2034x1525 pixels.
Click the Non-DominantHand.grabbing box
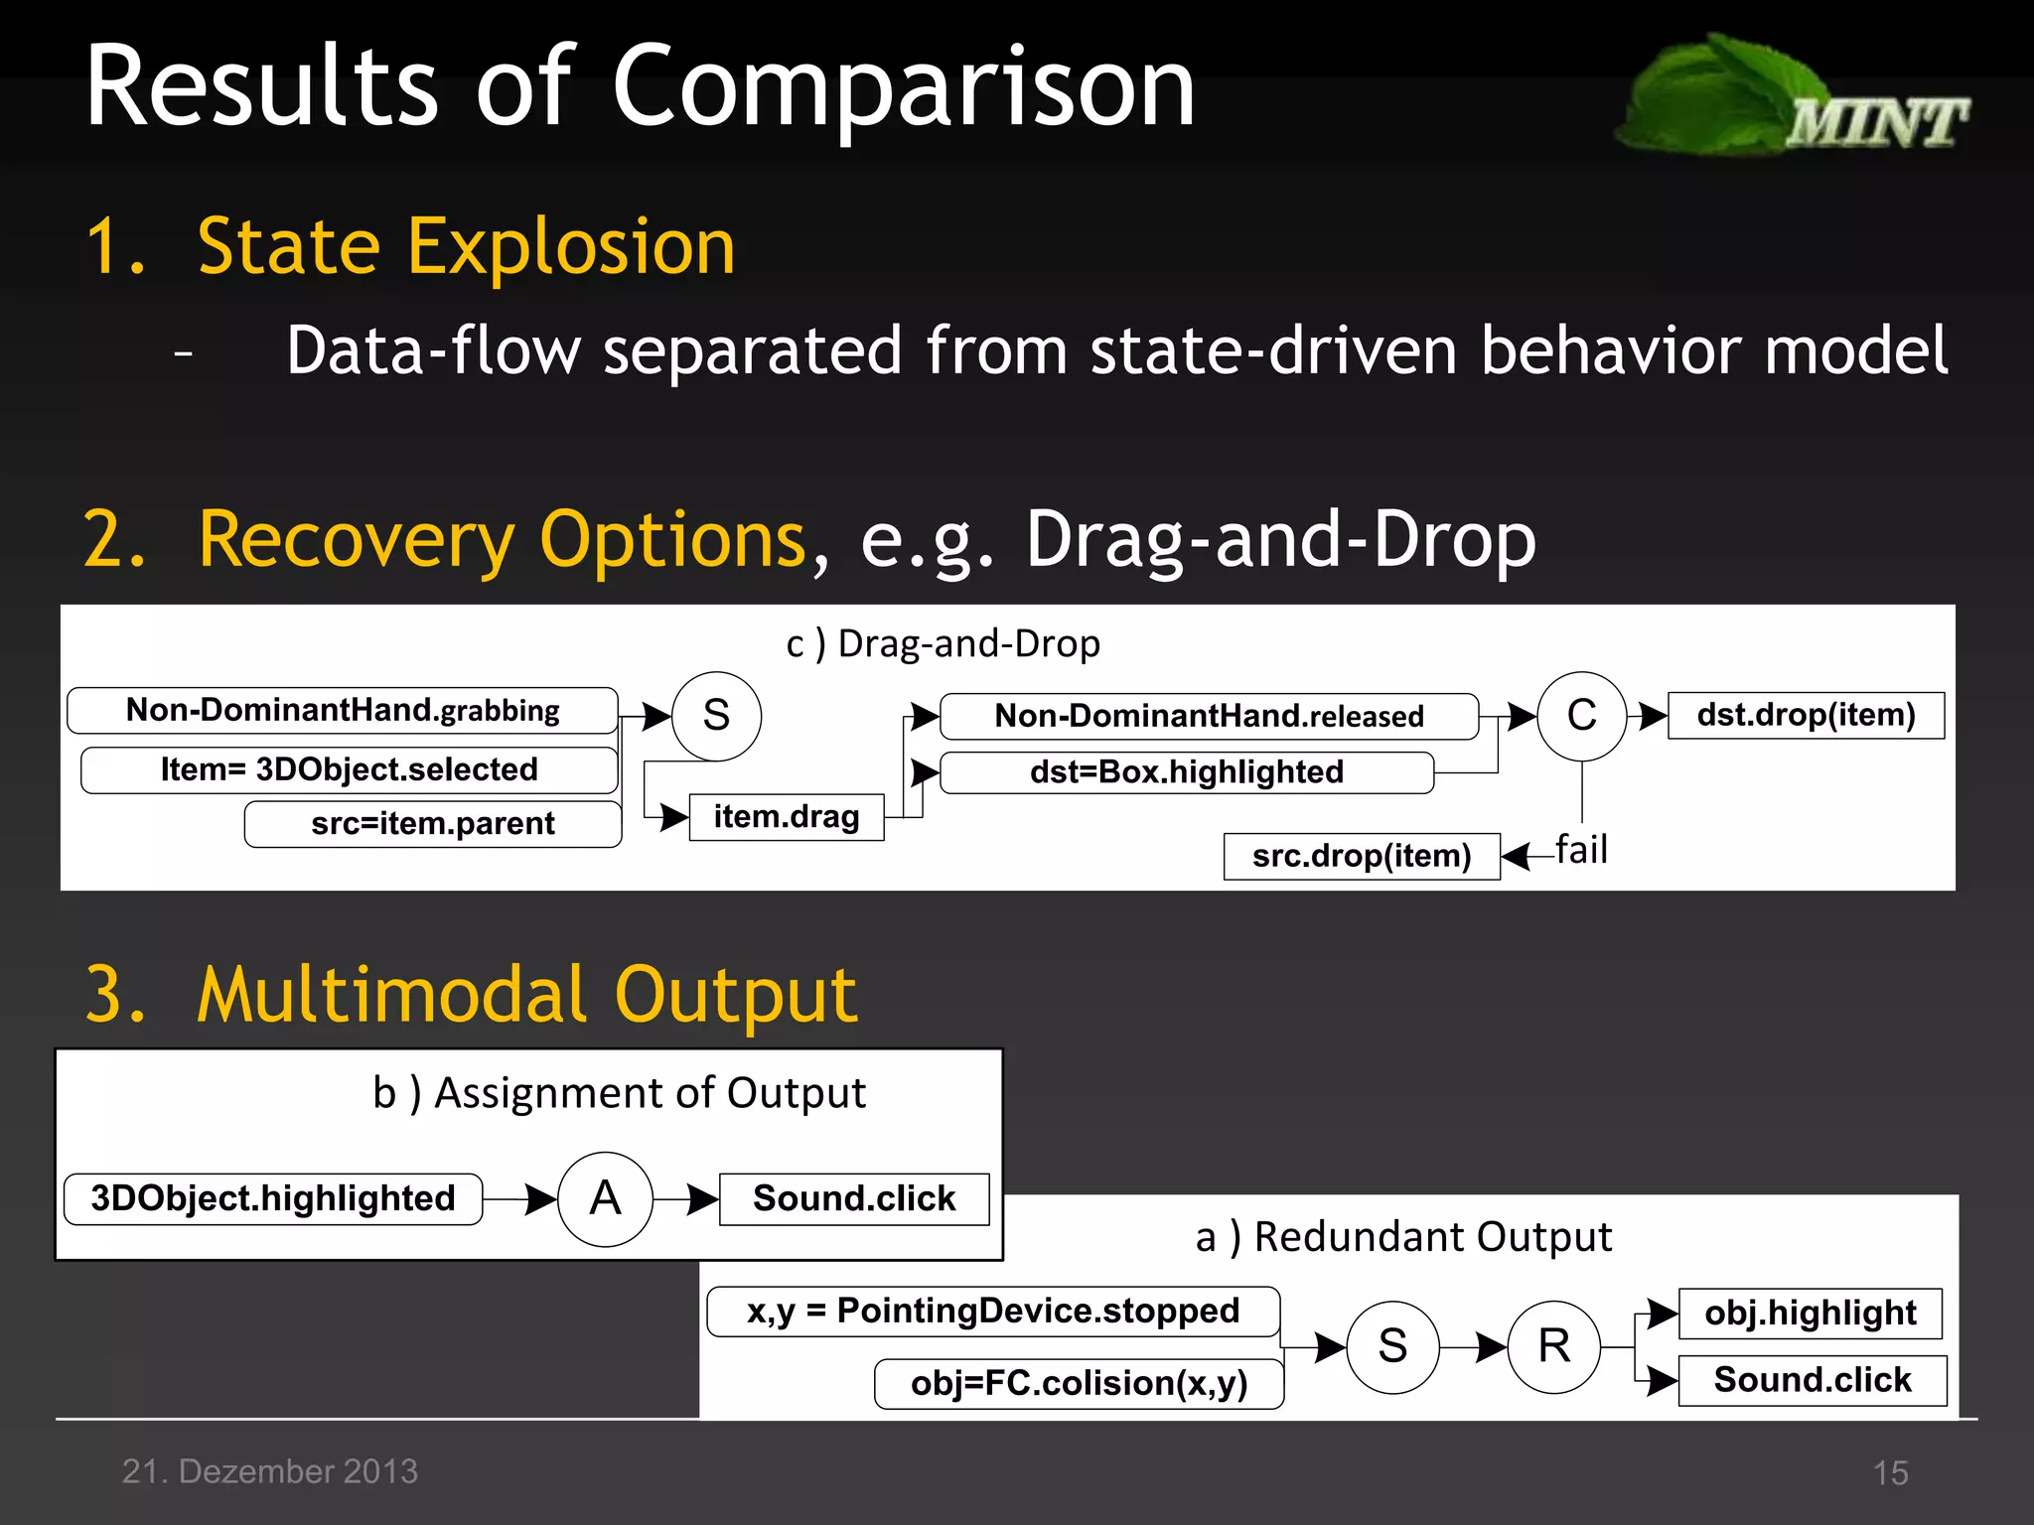(x=343, y=711)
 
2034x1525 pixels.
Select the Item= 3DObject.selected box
(x=349, y=769)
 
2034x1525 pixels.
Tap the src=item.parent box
(x=433, y=824)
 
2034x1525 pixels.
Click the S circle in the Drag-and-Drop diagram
(x=716, y=716)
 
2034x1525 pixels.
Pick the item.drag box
(x=786, y=817)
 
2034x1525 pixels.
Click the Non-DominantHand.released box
(x=1209, y=717)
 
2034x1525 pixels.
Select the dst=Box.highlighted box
(x=1186, y=772)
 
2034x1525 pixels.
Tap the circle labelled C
(x=1581, y=716)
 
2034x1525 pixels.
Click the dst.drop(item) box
(x=1805, y=715)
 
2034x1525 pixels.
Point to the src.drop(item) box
(x=1361, y=856)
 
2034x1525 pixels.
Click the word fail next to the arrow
(x=1581, y=850)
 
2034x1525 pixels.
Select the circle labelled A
(x=605, y=1198)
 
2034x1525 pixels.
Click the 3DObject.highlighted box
(x=273, y=1198)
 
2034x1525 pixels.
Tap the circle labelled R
(x=1553, y=1346)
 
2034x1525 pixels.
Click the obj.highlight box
(x=1810, y=1314)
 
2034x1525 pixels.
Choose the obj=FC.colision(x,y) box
(x=1079, y=1383)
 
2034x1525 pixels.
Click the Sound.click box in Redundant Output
(x=1812, y=1380)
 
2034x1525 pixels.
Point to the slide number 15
(x=1890, y=1472)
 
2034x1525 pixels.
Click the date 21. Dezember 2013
(x=270, y=1471)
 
